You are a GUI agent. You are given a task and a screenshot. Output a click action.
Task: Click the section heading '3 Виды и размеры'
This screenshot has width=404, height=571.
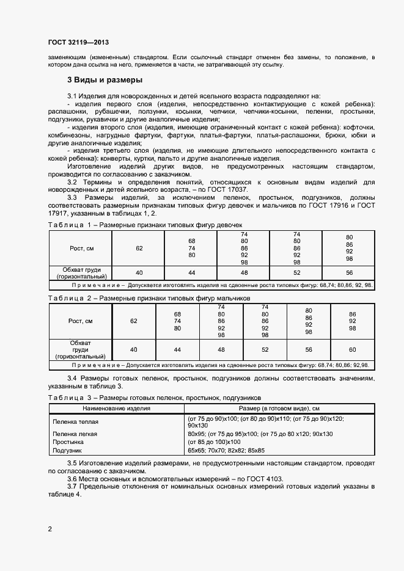(105, 80)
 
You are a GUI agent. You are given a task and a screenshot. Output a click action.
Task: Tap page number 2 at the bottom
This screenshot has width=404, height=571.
(50, 528)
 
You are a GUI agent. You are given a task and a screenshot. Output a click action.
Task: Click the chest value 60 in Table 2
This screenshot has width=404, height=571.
(352, 349)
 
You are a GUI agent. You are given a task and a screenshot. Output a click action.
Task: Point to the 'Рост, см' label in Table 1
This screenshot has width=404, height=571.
(81, 248)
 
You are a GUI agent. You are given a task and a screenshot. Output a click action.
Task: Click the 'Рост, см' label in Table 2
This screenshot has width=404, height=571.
(81, 321)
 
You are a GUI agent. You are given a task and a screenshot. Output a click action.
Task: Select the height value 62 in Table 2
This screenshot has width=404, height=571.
(134, 321)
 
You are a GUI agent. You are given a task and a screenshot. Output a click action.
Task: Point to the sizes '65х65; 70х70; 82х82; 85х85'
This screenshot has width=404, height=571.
(244, 450)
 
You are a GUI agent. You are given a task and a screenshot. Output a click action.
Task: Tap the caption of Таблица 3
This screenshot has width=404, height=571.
(147, 397)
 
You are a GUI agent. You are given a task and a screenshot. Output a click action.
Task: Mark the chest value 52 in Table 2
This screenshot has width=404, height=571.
(265, 349)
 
